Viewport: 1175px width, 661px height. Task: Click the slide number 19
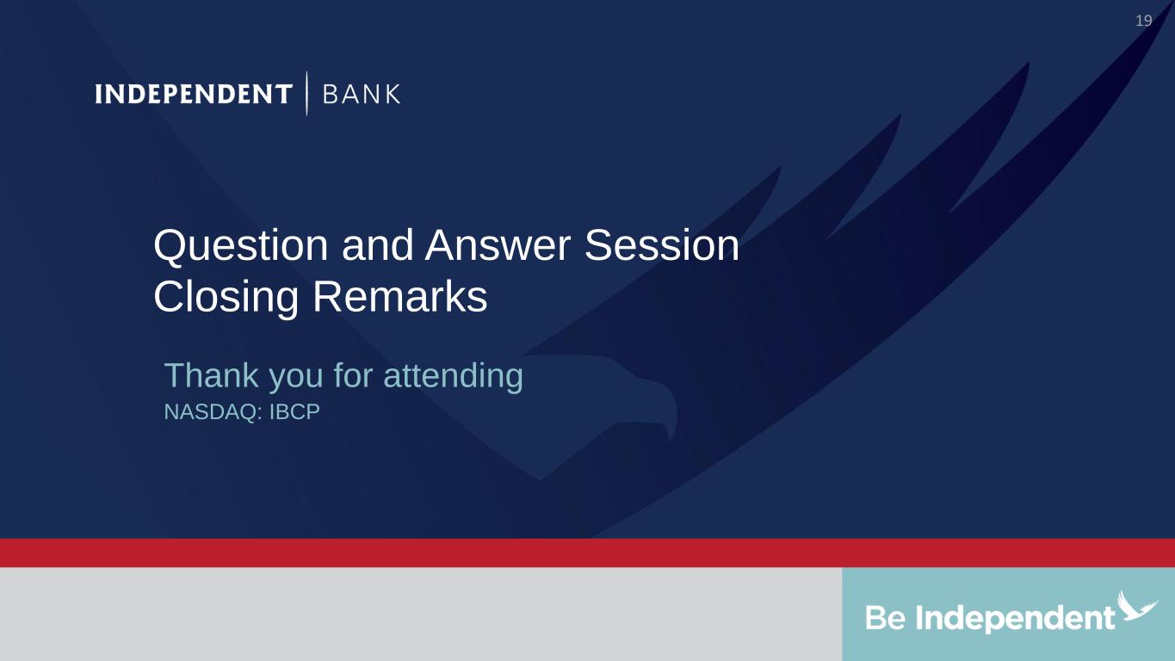[1143, 21]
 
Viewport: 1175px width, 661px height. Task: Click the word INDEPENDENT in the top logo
[194, 94]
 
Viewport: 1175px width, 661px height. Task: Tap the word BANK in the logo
[362, 94]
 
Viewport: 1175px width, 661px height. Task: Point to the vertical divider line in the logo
[306, 93]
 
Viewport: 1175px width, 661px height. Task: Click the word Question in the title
[241, 246]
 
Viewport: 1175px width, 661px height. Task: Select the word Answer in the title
[498, 245]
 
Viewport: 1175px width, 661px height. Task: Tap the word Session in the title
[662, 245]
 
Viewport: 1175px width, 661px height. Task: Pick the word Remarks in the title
[399, 296]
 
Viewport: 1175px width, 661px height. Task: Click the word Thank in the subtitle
[212, 375]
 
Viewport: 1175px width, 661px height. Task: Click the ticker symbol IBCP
[294, 412]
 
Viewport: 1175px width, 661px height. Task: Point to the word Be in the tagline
[886, 618]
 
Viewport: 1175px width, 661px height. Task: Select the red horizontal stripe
[587, 553]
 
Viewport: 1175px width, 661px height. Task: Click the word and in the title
[377, 245]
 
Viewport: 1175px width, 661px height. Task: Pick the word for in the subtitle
[353, 375]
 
